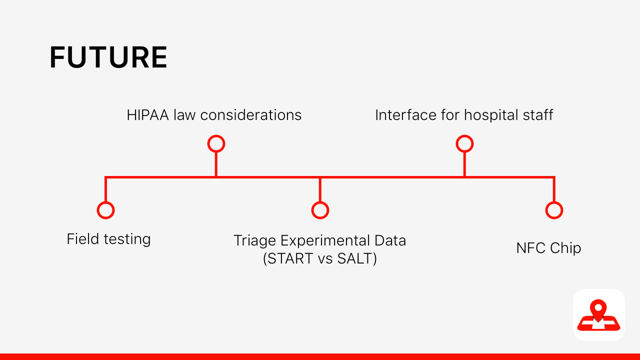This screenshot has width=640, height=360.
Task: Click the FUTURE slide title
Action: [108, 57]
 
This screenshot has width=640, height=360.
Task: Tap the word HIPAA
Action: [148, 115]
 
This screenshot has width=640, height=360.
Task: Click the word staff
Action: [537, 115]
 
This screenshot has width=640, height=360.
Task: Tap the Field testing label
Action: [108, 239]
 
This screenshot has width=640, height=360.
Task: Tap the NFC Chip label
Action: [548, 248]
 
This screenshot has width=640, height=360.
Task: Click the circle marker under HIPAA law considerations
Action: [216, 144]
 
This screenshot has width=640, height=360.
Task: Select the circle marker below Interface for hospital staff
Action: [464, 144]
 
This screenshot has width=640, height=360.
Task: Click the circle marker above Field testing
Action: [105, 210]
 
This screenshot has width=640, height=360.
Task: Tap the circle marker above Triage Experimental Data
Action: [320, 210]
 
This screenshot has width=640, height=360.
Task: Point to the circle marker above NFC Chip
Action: [554, 210]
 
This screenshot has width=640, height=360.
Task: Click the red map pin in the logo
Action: [598, 308]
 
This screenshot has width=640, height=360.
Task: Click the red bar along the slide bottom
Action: [320, 356]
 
